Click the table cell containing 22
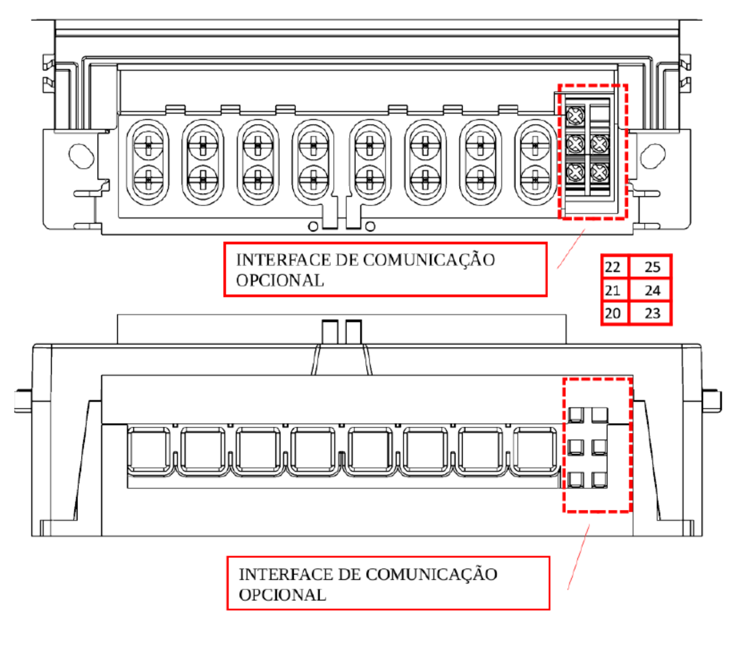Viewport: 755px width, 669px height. pyautogui.click(x=615, y=267)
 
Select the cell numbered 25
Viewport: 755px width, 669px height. pyautogui.click(x=650, y=267)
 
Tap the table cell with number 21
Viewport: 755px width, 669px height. pyautogui.click(x=615, y=290)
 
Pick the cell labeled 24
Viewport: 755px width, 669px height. pyautogui.click(x=650, y=290)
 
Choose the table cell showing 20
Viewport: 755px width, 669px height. pyautogui.click(x=615, y=313)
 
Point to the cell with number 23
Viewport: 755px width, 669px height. pyautogui.click(x=650, y=313)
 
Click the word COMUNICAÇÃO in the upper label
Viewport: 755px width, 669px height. pyautogui.click(x=429, y=260)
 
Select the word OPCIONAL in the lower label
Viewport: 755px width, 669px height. pyautogui.click(x=282, y=595)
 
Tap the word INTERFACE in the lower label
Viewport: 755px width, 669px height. pyautogui.click(x=286, y=574)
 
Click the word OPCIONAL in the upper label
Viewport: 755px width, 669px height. pyautogui.click(x=279, y=280)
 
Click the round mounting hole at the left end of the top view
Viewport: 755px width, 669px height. pyautogui.click(x=81, y=156)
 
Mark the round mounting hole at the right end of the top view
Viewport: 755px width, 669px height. pyautogui.click(x=653, y=156)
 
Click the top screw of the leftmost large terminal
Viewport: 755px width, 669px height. pyautogui.click(x=148, y=146)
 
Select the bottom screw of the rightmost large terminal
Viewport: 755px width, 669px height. pyautogui.click(x=535, y=180)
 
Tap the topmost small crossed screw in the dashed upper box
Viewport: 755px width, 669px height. pyautogui.click(x=575, y=116)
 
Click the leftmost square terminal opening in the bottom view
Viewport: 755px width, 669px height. pyautogui.click(x=148, y=450)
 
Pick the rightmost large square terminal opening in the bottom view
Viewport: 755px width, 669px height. pyautogui.click(x=535, y=450)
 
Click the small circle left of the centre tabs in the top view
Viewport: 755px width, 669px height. pyautogui.click(x=313, y=226)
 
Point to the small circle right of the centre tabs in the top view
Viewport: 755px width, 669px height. pyautogui.click(x=370, y=226)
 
